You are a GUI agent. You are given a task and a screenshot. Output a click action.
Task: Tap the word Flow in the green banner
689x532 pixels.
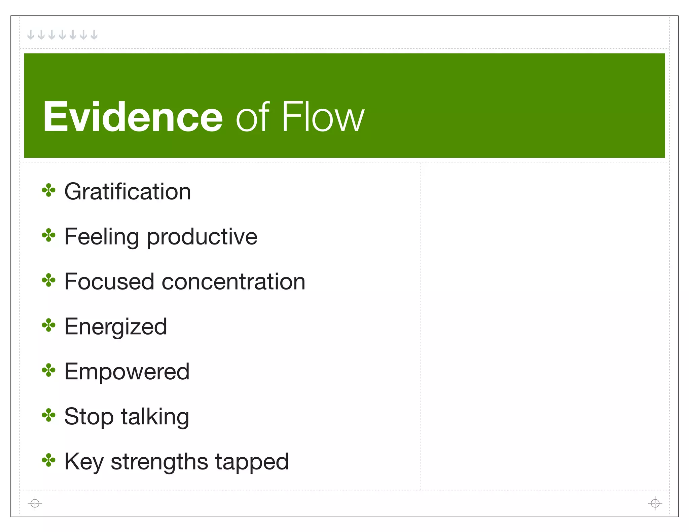[323, 117]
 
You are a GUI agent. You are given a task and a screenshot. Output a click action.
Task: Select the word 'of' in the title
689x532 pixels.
[252, 117]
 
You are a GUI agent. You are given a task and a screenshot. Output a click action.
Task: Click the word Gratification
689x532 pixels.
[128, 192]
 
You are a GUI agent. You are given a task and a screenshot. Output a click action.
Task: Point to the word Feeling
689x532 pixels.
[102, 237]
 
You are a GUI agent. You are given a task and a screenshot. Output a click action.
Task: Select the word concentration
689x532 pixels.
[233, 282]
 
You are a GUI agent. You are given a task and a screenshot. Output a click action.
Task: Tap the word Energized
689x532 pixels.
[116, 327]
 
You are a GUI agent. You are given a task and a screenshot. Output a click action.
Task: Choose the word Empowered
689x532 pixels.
[127, 372]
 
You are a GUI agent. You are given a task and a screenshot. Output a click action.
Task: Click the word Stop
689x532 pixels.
[89, 417]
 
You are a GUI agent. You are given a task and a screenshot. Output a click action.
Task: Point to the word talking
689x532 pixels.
[155, 417]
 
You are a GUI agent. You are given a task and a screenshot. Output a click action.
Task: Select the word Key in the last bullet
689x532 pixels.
[84, 462]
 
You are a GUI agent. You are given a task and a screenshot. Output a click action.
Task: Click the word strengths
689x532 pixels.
[159, 462]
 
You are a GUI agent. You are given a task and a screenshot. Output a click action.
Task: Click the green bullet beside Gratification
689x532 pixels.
[48, 190]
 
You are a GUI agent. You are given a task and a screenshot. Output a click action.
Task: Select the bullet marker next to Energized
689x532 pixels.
[48, 326]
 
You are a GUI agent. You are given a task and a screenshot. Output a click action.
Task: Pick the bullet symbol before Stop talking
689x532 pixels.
[48, 415]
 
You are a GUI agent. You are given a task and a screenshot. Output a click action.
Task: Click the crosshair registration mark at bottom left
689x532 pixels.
[35, 503]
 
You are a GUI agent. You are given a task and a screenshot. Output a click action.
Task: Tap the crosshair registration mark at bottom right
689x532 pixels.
[655, 503]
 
